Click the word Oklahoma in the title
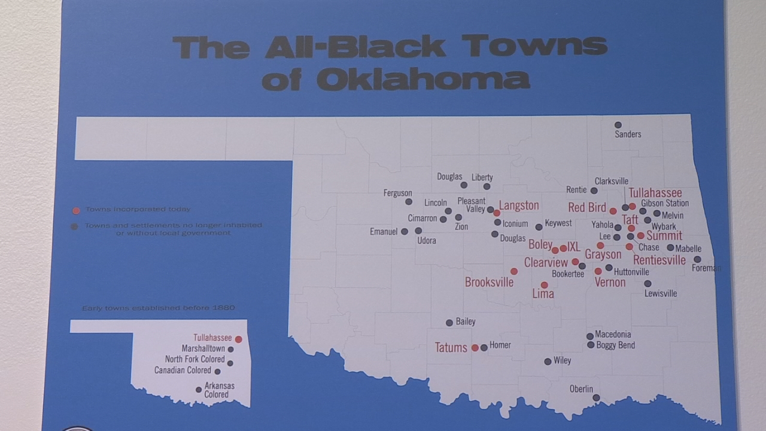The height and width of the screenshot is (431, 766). point(424,79)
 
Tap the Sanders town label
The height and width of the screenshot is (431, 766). point(628,134)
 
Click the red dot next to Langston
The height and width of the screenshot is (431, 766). point(497,213)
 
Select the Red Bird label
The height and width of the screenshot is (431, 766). point(587,208)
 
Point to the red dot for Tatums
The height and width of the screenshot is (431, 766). point(475,348)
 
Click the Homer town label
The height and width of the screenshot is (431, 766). point(500,345)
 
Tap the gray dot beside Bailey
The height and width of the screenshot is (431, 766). point(449,323)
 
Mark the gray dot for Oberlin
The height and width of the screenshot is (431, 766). point(596,397)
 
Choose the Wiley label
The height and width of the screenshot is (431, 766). point(563,360)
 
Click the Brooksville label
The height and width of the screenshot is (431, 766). point(489,283)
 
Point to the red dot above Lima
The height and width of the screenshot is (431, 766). point(544,285)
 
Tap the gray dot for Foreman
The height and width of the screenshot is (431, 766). point(697,259)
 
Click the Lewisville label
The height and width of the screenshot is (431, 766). point(661,293)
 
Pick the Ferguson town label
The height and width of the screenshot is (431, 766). point(398,193)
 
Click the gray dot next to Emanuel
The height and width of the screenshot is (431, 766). point(405,231)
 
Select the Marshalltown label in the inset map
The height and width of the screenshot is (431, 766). point(203,348)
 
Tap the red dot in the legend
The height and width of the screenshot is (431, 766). point(75,210)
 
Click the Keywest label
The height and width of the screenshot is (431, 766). point(558,223)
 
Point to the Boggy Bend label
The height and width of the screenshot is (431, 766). point(616,345)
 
